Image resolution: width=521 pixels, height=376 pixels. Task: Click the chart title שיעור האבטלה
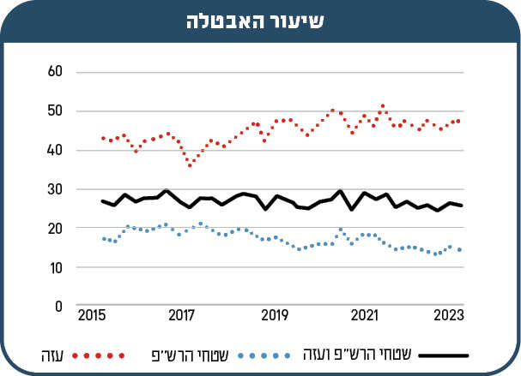(x=261, y=21)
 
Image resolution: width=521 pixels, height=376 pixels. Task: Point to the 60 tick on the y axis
(x=56, y=71)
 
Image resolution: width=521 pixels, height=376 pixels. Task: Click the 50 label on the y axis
(x=56, y=110)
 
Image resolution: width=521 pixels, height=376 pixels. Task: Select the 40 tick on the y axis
(x=56, y=150)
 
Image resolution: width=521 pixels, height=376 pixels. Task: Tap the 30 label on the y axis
(x=56, y=189)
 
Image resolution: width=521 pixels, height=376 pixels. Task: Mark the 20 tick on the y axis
(x=56, y=229)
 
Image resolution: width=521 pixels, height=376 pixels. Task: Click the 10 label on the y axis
(x=56, y=268)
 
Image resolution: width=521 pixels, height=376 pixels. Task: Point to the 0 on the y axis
(x=59, y=306)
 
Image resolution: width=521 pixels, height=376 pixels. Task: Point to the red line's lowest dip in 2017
(x=190, y=165)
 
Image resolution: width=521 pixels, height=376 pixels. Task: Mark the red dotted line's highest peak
(x=383, y=106)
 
